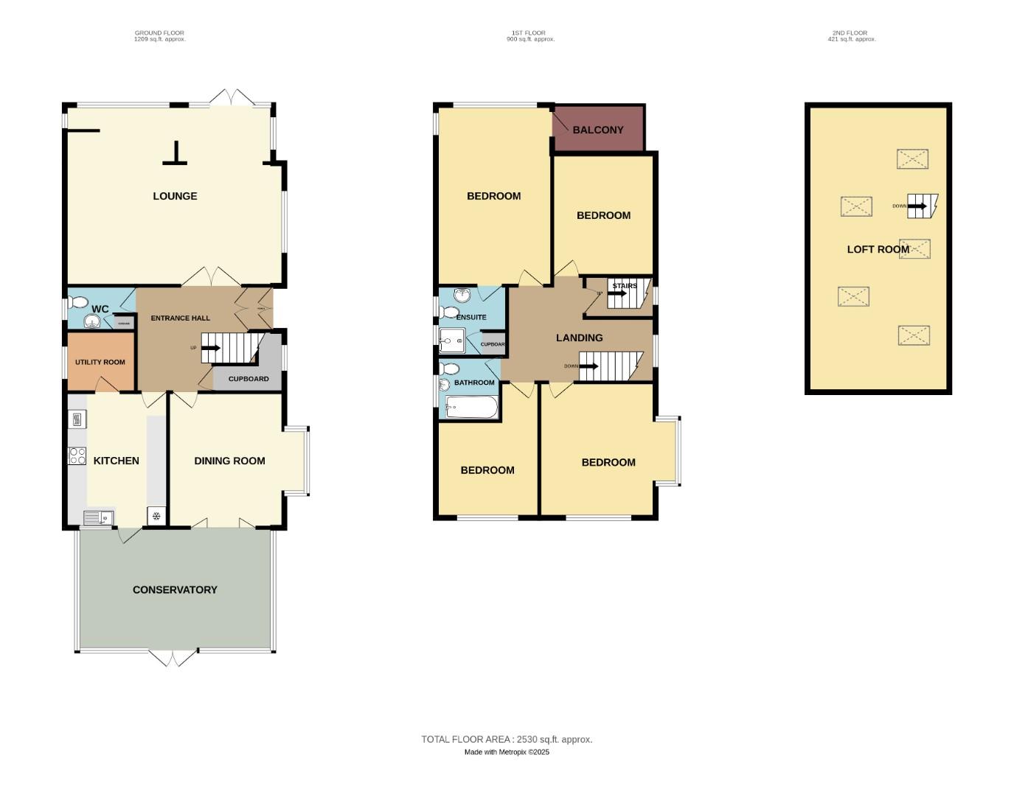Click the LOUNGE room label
point(175,196)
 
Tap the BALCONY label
point(598,130)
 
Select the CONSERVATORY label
point(175,590)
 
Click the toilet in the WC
point(77,302)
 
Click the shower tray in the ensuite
point(451,341)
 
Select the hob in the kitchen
point(77,456)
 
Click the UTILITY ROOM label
point(100,362)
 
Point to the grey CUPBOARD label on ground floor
point(249,379)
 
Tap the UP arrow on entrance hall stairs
point(211,348)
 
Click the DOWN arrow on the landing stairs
point(589,366)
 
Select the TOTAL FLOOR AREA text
point(507,739)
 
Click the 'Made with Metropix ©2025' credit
point(507,752)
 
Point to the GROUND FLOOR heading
point(159,33)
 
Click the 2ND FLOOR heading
point(850,33)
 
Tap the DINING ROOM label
point(229,461)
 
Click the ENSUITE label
point(471,317)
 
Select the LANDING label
point(579,338)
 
